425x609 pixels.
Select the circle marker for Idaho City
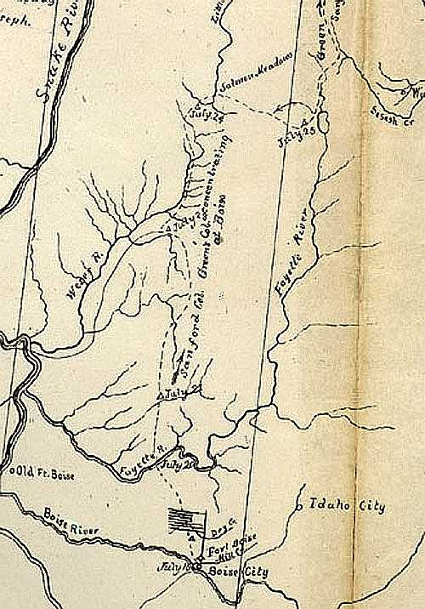[299, 508]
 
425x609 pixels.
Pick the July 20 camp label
[198, 464]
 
